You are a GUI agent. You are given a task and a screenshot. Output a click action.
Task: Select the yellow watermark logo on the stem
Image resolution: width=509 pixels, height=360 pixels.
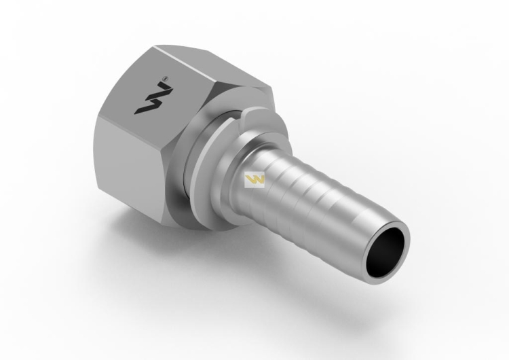[255, 180]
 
